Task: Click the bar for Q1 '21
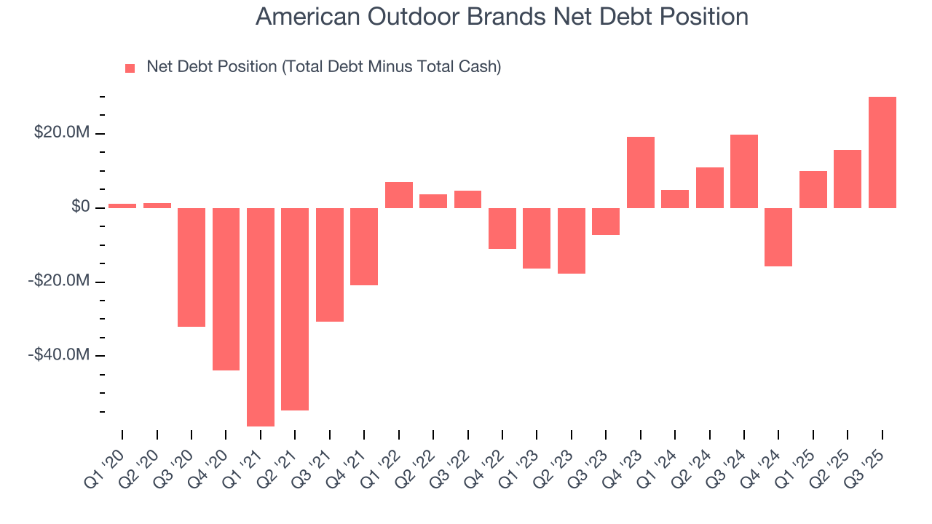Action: (261, 317)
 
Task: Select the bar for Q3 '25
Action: (882, 152)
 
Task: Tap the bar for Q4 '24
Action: (778, 237)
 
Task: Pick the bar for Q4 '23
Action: (641, 172)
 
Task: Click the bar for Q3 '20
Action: (191, 267)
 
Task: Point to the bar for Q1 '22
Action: (399, 195)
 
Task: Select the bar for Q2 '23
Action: (572, 241)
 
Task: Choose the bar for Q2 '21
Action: (295, 309)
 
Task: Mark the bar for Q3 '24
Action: (744, 171)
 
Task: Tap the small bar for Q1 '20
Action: (122, 206)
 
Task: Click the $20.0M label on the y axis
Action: (62, 134)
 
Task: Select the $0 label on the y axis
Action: (80, 208)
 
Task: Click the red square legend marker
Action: (130, 68)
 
